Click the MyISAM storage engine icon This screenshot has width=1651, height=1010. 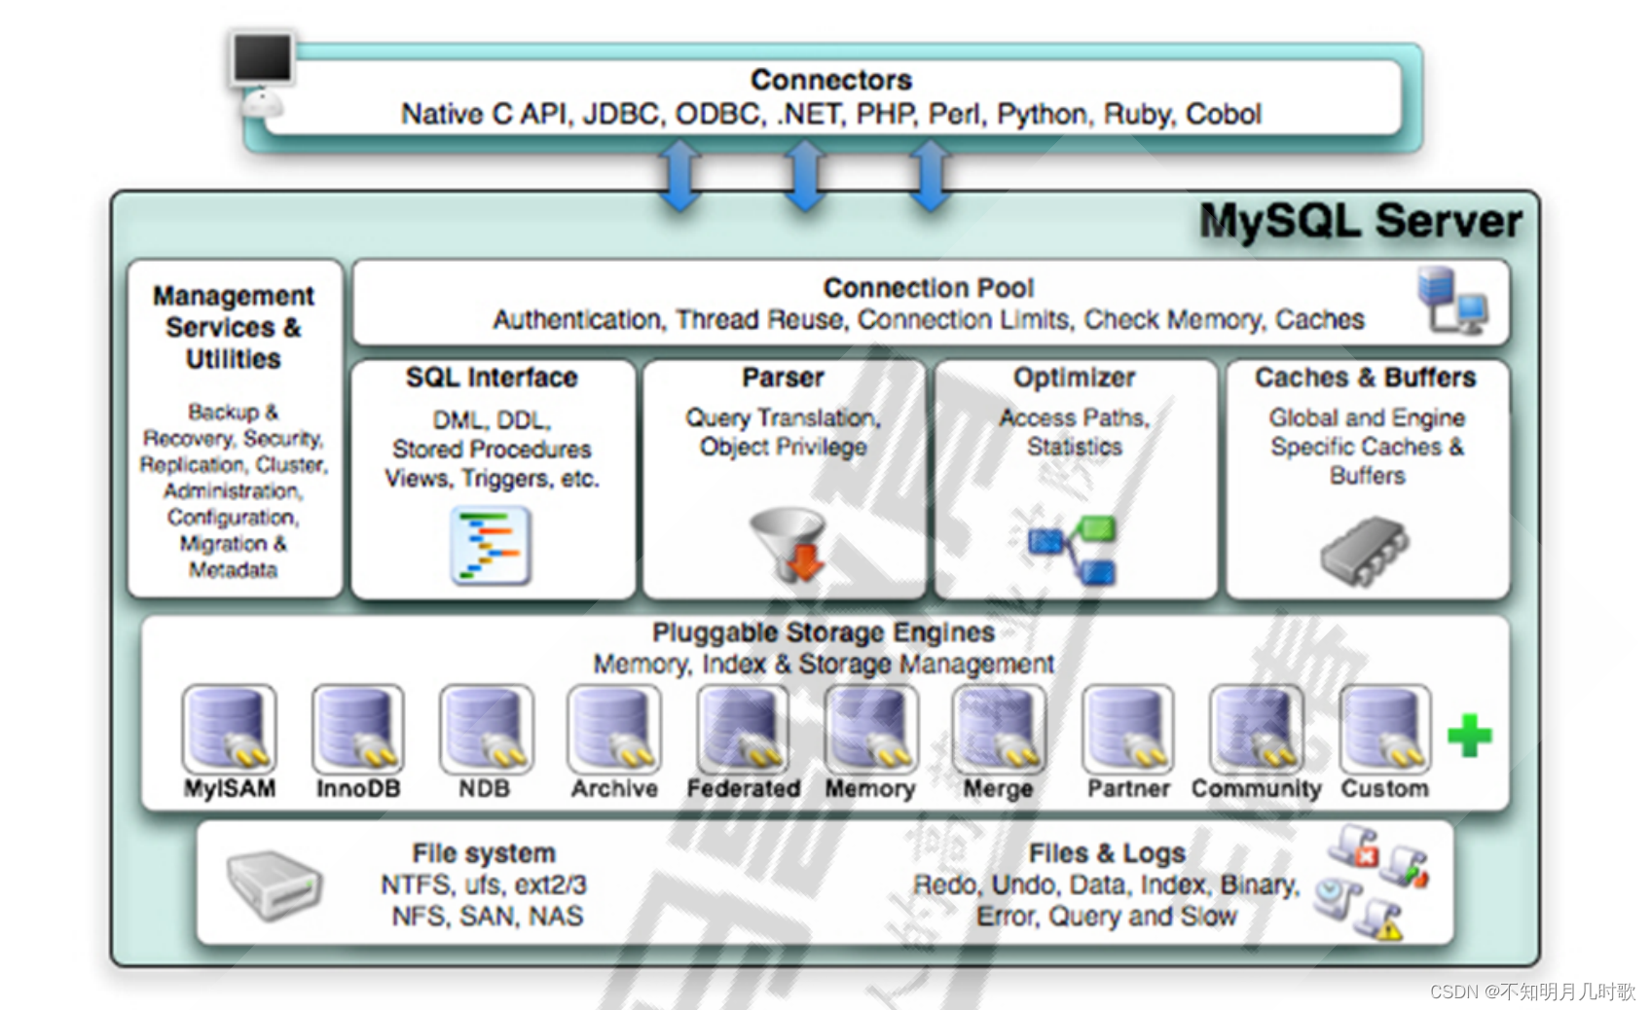click(x=229, y=728)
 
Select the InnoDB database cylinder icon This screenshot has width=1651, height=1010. click(x=357, y=728)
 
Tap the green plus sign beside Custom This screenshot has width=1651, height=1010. click(x=1469, y=736)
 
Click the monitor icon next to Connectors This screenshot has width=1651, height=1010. click(x=262, y=61)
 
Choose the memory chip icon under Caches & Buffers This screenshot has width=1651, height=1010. click(x=1365, y=550)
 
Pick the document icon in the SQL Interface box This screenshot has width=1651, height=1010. click(x=491, y=545)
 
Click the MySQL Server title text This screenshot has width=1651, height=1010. click(x=1360, y=222)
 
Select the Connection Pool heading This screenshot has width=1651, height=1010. click(x=928, y=288)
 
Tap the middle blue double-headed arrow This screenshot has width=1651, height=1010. click(x=805, y=175)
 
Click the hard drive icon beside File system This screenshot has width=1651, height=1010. click(x=274, y=884)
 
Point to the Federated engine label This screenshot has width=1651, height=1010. click(x=744, y=788)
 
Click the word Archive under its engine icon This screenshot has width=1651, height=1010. click(x=614, y=788)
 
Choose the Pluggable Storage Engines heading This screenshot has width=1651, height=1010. click(x=823, y=632)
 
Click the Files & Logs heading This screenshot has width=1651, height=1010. click(x=1107, y=853)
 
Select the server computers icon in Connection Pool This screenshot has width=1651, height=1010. click(x=1451, y=301)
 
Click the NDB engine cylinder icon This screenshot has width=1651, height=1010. click(x=486, y=728)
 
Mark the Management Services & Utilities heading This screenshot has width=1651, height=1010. click(x=234, y=327)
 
